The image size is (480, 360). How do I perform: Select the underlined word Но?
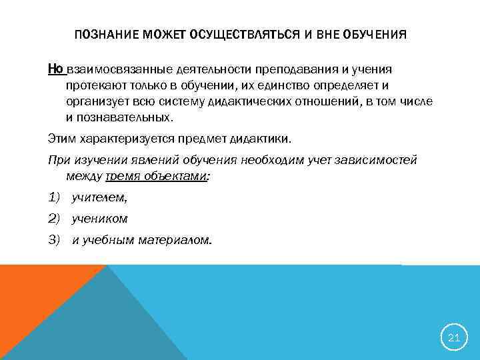pyautogui.click(x=55, y=69)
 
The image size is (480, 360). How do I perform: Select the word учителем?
pyautogui.click(x=99, y=198)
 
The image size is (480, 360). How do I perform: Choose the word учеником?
pyautogui.click(x=99, y=219)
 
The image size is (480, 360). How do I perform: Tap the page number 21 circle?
pyautogui.click(x=454, y=337)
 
